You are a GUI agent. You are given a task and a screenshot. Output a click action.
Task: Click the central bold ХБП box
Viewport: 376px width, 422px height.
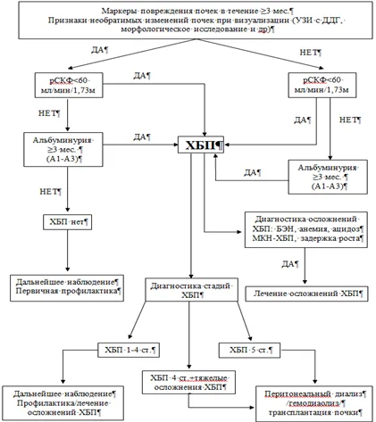coord(201,145)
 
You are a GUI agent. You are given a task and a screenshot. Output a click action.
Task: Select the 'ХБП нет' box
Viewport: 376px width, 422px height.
coord(67,222)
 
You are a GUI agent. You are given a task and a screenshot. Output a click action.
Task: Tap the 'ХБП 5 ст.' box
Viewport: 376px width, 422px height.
coord(249,350)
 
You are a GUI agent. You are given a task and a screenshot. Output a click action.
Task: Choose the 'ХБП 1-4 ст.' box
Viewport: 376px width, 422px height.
coord(129,350)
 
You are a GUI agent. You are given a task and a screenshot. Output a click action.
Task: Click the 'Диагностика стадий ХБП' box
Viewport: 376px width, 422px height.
coord(192,290)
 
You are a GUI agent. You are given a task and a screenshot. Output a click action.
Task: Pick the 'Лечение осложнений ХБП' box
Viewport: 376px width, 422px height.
coord(306,294)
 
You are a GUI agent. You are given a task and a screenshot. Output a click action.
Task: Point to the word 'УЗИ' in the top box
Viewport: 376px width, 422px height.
coord(303,21)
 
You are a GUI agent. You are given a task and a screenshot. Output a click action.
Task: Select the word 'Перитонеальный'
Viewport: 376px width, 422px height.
coord(297,394)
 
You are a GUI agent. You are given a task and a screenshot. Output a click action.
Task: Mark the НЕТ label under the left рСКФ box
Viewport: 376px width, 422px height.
coord(47,113)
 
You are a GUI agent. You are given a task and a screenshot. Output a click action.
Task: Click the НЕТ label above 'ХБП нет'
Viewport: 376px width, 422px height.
coord(49,192)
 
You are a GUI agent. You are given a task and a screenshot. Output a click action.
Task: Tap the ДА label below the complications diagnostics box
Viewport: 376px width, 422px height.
coord(288,264)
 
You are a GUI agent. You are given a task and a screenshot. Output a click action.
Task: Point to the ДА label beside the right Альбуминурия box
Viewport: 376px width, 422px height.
coord(251,172)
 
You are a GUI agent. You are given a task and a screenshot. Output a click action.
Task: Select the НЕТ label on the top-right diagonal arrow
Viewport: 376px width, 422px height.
coord(309,53)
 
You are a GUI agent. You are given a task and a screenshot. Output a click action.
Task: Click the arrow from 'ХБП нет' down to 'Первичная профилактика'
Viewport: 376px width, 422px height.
coord(67,251)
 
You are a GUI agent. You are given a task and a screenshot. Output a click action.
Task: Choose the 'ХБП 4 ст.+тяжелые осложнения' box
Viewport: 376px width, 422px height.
coord(189,382)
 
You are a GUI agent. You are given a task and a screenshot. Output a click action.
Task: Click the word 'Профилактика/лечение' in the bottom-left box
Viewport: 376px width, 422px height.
coord(63,403)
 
